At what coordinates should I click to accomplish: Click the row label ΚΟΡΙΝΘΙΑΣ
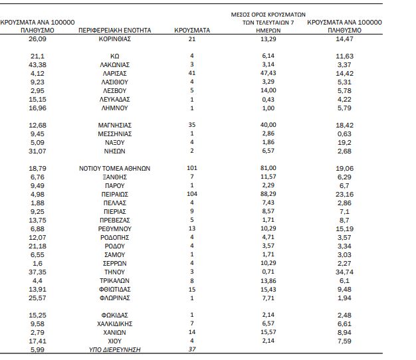coord(114,39)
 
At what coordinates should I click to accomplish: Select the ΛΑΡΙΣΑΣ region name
coord(114,74)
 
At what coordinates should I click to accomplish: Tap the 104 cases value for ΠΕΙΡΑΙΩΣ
coord(192,194)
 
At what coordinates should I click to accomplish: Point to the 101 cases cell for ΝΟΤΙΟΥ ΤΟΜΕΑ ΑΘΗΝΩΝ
coord(192,168)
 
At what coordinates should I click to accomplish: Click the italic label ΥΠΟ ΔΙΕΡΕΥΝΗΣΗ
coord(114,349)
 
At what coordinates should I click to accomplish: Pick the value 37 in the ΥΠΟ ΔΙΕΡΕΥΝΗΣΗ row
coord(192,349)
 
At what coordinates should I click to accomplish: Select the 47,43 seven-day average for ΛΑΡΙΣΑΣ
coord(268,73)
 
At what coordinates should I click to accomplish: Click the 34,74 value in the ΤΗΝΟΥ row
coord(344,272)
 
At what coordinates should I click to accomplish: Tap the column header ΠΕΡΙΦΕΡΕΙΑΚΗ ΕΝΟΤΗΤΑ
coord(114,31)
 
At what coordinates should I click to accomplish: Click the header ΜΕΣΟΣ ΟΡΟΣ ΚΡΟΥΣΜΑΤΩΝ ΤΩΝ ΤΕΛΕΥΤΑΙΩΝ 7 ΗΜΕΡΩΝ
coord(268,23)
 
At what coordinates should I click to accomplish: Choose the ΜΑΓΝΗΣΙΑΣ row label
coord(114,125)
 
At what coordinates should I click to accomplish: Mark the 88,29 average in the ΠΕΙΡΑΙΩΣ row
coord(268,194)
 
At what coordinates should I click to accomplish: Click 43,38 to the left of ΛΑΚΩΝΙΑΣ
coord(37,64)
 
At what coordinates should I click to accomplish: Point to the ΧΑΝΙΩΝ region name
coord(114,332)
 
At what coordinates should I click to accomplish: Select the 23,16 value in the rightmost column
coord(344,195)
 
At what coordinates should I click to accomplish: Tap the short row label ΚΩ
coord(114,56)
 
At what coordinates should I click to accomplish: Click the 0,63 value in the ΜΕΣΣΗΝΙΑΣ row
coord(344,134)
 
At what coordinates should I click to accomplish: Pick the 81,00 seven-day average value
coord(268,168)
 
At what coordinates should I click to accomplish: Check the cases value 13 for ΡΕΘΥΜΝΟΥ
coord(192,228)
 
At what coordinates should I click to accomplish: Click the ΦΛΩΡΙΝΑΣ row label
coord(114,298)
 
